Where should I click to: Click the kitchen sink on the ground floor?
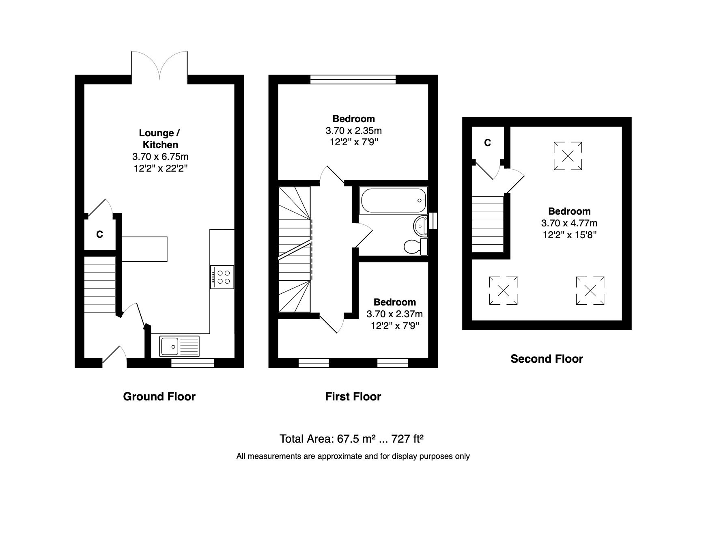pos(179,346)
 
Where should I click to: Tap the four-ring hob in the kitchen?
pos(222,277)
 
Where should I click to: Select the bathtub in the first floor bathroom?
pos(393,200)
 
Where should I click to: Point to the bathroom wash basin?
pos(421,225)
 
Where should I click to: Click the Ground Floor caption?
pos(159,396)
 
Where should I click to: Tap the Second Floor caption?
pos(547,359)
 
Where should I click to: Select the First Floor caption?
pos(353,396)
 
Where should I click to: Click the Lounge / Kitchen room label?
pos(159,139)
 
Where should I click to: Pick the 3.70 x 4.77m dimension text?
pos(569,223)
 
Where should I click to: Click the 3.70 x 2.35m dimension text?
pos(353,131)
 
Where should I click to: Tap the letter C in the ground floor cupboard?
pos(99,234)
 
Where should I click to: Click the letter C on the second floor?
pos(488,143)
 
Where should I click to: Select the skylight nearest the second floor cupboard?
pos(568,156)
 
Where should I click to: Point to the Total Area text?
pos(351,439)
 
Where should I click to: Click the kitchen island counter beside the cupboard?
pos(145,249)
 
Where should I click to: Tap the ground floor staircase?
pos(100,284)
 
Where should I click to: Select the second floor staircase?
pos(488,224)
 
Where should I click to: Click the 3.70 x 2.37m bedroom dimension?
pos(394,314)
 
